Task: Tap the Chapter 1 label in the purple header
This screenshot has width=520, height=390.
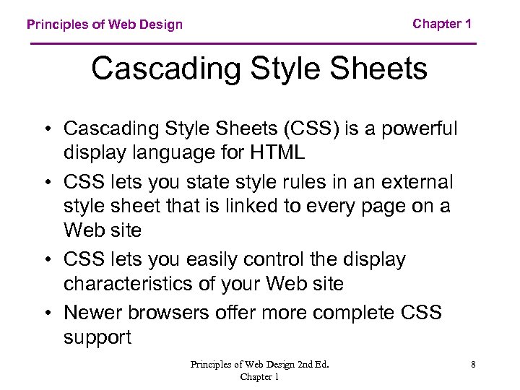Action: click(442, 24)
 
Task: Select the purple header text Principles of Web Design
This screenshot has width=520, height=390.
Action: click(105, 25)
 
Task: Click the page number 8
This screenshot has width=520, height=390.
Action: click(473, 365)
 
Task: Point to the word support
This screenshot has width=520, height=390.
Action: click(97, 338)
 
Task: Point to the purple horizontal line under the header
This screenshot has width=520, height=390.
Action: click(253, 44)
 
